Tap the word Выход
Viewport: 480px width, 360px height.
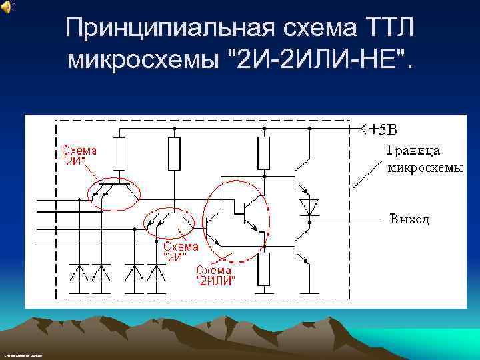(409, 219)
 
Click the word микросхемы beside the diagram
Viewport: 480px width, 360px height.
(425, 167)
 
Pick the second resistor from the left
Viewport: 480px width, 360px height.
(174, 154)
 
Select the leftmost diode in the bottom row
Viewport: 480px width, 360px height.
(79, 273)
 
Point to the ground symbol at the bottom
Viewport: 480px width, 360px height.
(308, 291)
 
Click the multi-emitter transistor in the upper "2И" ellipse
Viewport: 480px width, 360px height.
(113, 190)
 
